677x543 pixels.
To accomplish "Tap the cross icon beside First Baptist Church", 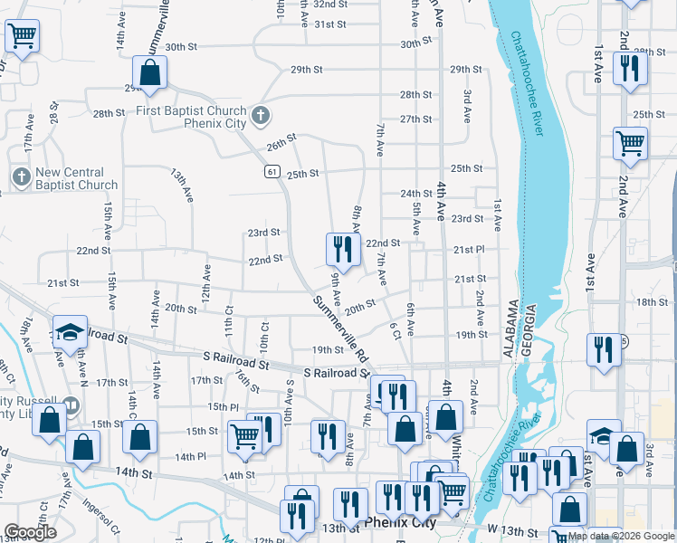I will (261, 115).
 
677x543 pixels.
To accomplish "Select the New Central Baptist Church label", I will (71, 178).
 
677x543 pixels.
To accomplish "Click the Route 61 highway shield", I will (272, 171).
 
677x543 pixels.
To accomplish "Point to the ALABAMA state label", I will (510, 330).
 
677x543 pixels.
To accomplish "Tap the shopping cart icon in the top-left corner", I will (21, 37).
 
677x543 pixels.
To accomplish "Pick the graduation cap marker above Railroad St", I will (69, 332).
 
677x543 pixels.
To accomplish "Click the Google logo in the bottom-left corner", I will (30, 532).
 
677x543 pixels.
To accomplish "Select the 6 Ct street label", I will (396, 331).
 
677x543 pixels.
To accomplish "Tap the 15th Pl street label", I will (222, 407).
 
